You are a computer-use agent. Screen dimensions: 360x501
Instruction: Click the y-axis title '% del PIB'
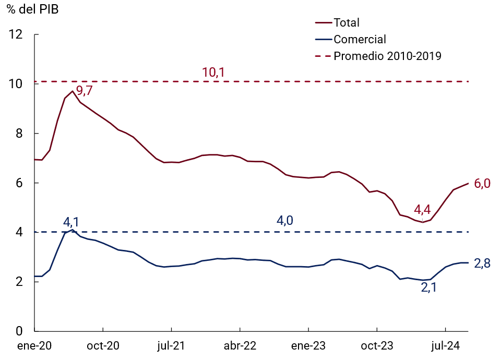32,9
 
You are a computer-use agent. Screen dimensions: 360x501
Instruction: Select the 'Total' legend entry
347,22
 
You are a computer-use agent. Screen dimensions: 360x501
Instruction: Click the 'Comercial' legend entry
360,39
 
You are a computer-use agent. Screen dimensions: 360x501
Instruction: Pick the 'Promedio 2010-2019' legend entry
387,56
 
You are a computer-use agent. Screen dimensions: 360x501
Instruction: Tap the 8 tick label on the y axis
19,134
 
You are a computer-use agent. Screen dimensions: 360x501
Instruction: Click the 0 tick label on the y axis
19,331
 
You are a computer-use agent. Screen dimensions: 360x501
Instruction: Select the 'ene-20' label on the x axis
34,345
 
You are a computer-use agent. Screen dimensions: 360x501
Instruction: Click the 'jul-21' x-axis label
171,345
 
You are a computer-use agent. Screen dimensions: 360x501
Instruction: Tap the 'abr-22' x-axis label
240,345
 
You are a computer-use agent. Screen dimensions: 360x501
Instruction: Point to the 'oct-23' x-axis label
377,345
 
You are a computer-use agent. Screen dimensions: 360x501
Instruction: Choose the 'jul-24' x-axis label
445,345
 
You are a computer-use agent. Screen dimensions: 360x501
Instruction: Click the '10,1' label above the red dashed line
213,73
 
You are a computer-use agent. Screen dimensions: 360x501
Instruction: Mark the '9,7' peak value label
84,91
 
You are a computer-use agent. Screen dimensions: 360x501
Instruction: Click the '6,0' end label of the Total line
482,184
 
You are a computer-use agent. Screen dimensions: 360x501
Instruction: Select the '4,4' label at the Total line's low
422,210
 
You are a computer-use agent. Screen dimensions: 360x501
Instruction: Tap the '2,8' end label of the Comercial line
482,263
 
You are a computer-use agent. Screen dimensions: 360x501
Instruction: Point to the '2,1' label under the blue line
428,287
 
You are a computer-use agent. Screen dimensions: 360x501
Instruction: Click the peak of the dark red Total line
73,91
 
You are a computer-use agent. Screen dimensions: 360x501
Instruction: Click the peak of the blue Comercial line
73,230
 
